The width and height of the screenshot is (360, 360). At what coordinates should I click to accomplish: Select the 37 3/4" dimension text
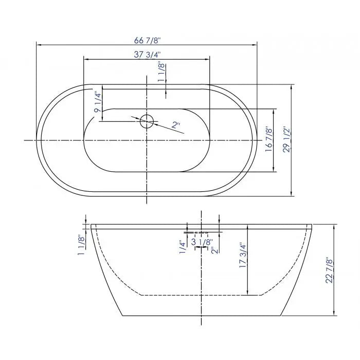pyautogui.click(x=147, y=55)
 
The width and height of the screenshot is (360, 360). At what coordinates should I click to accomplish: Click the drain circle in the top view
pyautogui.click(x=147, y=121)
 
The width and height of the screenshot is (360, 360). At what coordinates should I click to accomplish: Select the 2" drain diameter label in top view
pyautogui.click(x=176, y=125)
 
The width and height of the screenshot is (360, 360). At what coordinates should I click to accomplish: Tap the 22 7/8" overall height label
pyautogui.click(x=330, y=270)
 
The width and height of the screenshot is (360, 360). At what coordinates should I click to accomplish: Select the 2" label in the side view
pyautogui.click(x=212, y=250)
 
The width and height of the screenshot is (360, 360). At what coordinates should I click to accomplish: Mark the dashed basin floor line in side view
pyautogui.click(x=201, y=296)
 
